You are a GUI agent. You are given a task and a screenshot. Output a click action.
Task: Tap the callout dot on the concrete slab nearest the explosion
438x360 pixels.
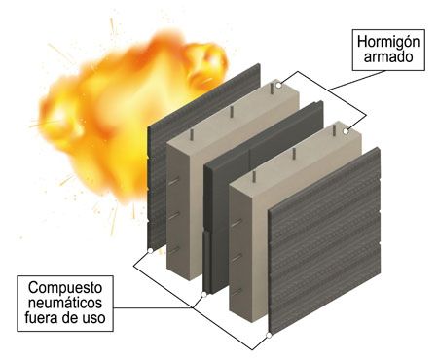(x=279, y=86)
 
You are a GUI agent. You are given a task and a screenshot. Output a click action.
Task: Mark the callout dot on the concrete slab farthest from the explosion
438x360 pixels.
(x=347, y=126)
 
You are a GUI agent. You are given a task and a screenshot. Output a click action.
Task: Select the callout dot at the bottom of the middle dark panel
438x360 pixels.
(x=202, y=293)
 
